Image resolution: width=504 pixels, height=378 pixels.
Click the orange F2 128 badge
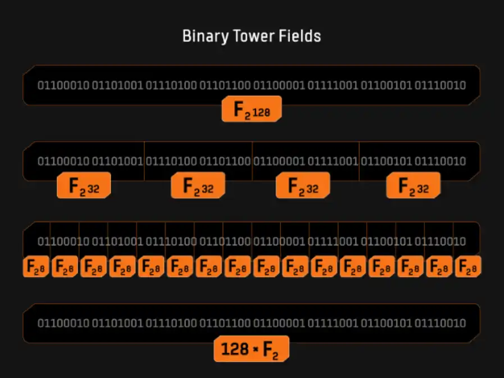251,110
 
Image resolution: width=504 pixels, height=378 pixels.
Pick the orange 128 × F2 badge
251,349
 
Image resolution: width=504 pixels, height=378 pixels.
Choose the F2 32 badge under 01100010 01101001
84,186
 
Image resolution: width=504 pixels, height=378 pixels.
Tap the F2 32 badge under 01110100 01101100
198,186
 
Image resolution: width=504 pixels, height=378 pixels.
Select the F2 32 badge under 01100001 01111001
302,186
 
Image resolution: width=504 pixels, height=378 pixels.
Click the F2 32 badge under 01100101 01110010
413,186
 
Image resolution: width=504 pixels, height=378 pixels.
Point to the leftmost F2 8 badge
36,267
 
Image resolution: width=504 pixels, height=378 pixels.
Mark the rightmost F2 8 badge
467,267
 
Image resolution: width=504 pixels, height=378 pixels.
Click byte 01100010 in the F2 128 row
63,86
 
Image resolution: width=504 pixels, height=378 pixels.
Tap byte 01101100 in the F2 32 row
225,161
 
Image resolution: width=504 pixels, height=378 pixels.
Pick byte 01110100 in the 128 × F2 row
171,323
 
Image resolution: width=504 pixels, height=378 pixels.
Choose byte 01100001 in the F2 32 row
279,161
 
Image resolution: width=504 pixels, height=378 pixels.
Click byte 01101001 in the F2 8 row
117,242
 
